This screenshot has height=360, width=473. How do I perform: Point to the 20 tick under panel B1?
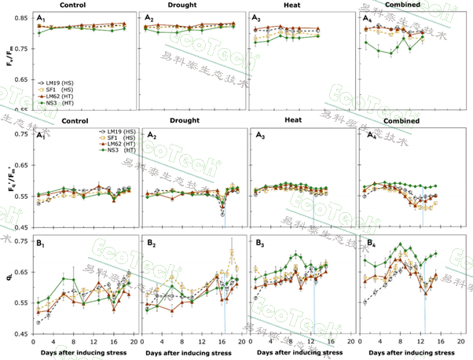click(x=134, y=342)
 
